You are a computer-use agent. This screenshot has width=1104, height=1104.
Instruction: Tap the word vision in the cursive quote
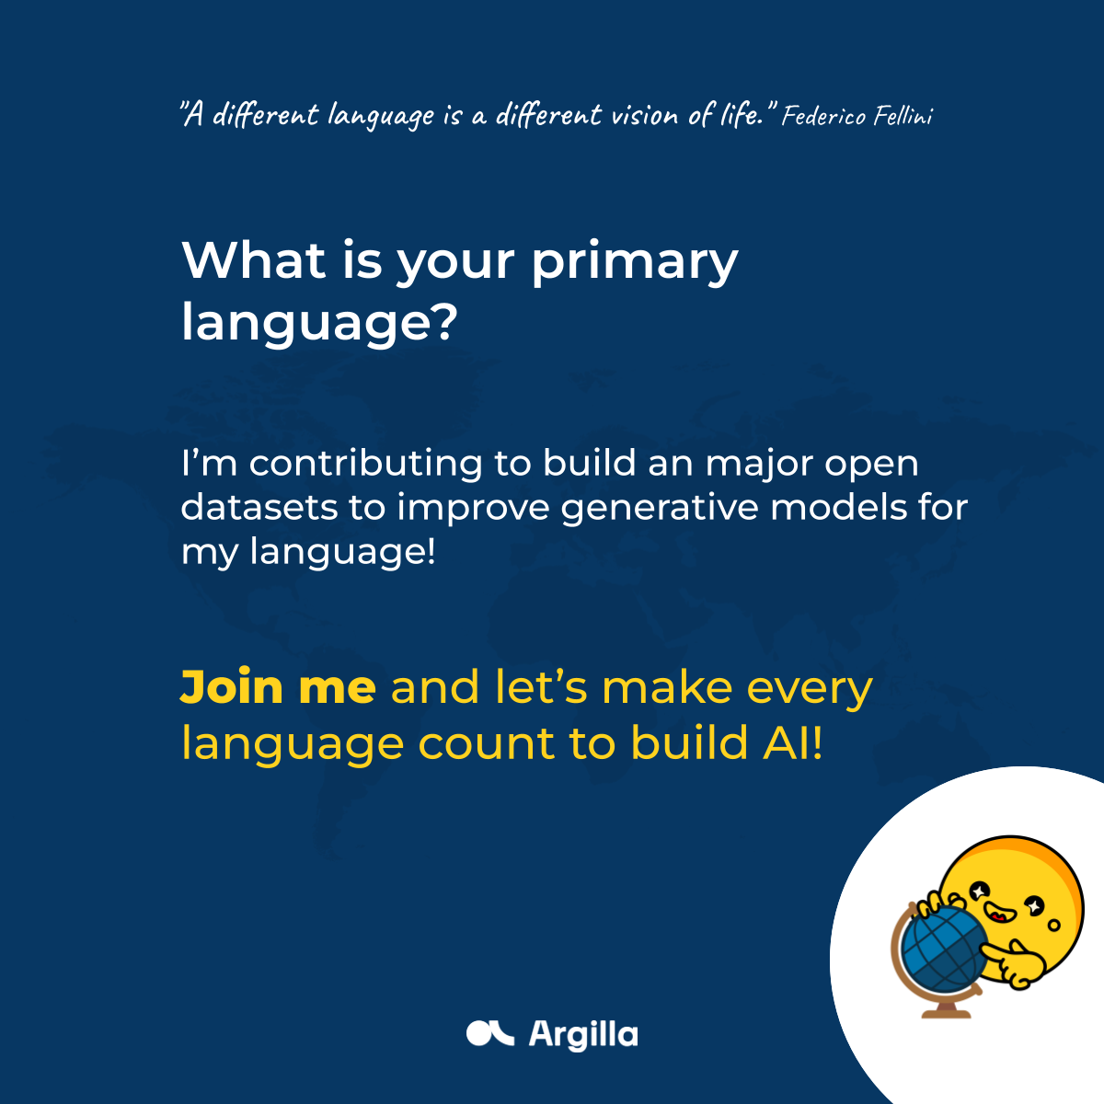coord(645,116)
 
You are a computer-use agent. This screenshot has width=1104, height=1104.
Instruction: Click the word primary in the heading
coord(635,263)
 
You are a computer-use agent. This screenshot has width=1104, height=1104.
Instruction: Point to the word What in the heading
coord(253,260)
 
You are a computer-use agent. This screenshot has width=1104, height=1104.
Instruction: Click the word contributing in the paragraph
coord(365,465)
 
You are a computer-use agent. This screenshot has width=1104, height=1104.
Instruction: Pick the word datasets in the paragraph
coord(259,508)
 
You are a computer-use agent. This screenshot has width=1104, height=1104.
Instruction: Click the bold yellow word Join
coord(232,686)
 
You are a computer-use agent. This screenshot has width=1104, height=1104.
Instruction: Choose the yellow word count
coord(487,743)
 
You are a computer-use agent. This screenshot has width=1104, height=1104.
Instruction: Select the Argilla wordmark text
coord(582,1035)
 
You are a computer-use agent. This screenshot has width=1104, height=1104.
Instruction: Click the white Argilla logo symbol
coord(489,1033)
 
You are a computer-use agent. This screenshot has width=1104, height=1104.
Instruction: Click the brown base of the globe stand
coord(946,1011)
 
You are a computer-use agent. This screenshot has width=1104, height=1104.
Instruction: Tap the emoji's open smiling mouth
coord(997,912)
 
